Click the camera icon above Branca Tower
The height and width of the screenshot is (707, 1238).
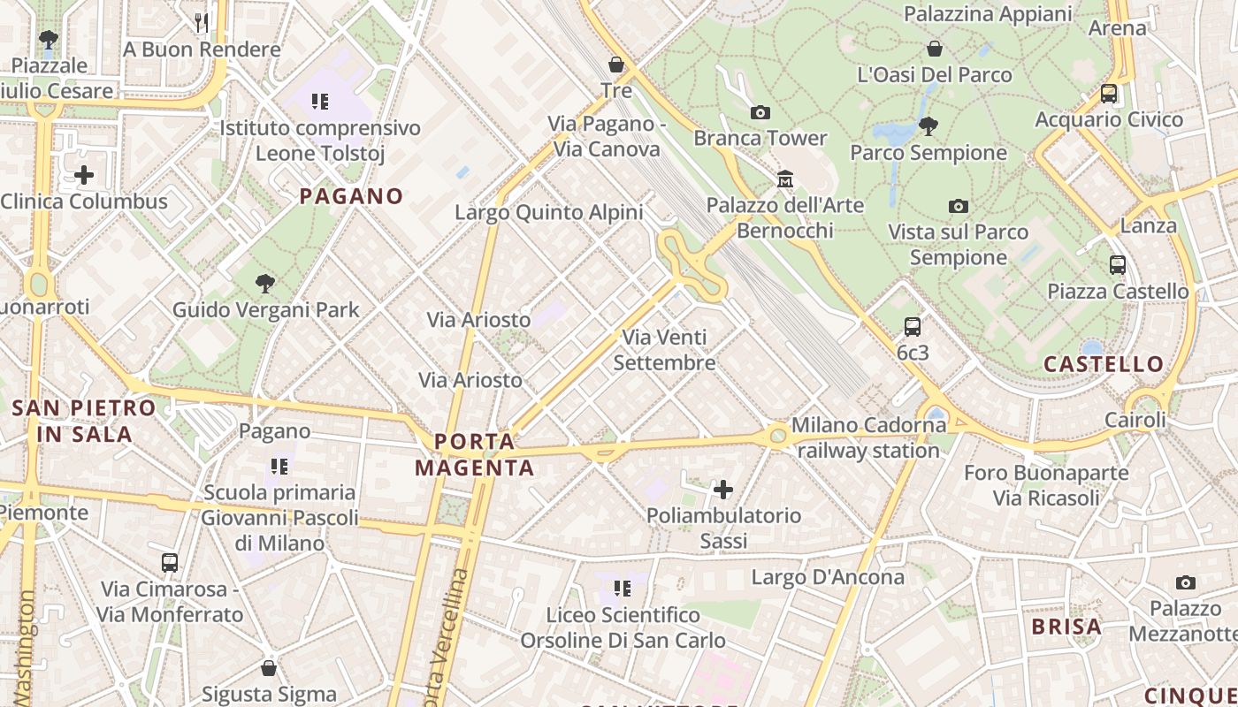(760, 112)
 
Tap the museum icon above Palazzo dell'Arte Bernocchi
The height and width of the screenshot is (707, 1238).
(784, 179)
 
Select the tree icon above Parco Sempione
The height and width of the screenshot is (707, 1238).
(928, 126)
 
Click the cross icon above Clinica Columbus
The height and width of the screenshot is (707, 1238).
(84, 175)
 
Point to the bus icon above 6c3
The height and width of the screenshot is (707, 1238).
(913, 327)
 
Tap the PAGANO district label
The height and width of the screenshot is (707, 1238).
(351, 196)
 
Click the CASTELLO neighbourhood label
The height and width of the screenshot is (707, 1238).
(1104, 364)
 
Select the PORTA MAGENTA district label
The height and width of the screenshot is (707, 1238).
(475, 454)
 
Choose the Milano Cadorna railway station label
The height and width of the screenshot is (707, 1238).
(868, 437)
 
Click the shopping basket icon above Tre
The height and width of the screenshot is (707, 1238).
(616, 65)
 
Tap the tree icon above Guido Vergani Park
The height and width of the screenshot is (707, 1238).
(264, 284)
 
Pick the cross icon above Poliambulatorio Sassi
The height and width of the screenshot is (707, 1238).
(723, 489)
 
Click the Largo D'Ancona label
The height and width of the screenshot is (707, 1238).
(828, 578)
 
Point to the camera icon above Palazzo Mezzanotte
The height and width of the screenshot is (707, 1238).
(1186, 582)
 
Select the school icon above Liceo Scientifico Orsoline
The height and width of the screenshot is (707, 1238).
(623, 588)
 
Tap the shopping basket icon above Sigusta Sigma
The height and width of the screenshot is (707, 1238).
(269, 668)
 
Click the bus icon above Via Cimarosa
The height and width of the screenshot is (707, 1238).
(169, 562)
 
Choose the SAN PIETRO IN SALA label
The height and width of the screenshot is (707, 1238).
(85, 421)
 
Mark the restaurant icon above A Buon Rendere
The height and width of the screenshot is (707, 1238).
(202, 22)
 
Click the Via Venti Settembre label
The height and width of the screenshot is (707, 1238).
(664, 350)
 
